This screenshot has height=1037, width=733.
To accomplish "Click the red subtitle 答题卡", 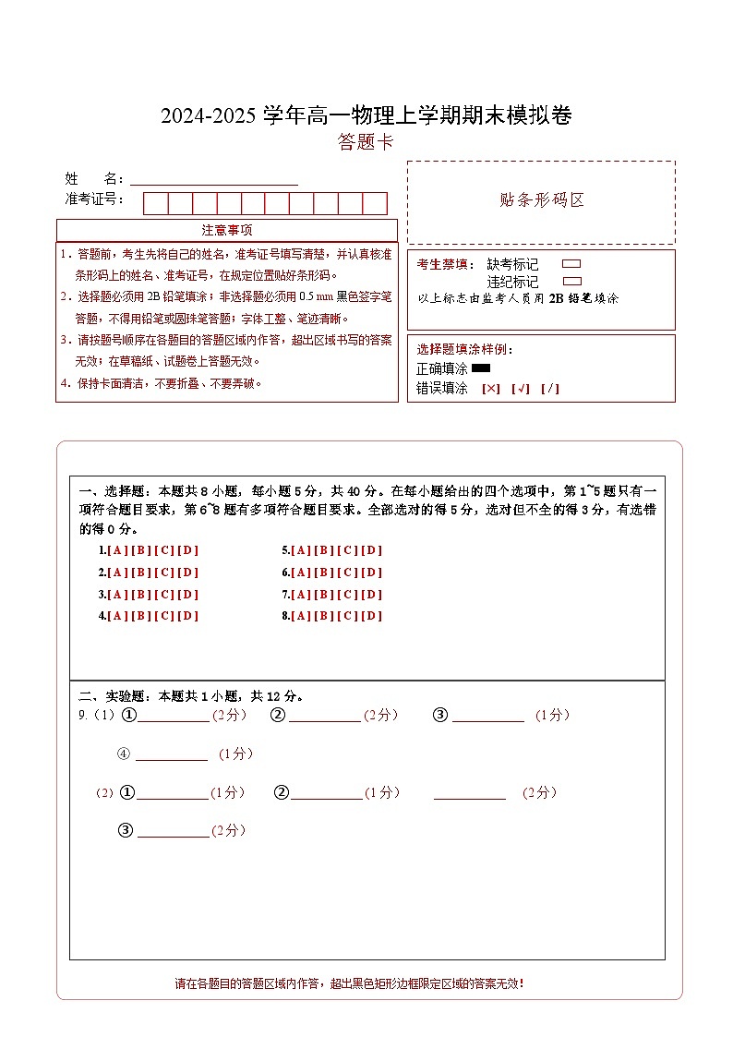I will pyautogui.click(x=366, y=142).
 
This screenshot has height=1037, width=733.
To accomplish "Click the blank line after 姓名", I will pyautogui.click(x=214, y=179).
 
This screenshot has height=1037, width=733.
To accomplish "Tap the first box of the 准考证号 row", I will pyautogui.click(x=155, y=203).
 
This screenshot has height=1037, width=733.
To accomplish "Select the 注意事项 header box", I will pyautogui.click(x=227, y=230).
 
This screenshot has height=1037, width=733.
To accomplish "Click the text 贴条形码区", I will pyautogui.click(x=541, y=200).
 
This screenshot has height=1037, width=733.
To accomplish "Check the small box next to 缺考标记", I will pyautogui.click(x=571, y=264).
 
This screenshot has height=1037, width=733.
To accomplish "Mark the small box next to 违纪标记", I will pyautogui.click(x=571, y=281).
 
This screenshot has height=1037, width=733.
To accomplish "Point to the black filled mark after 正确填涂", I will pyautogui.click(x=480, y=368).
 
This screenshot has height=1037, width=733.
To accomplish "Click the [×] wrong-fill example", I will pyautogui.click(x=491, y=389).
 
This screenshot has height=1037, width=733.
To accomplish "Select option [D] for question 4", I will pyautogui.click(x=188, y=616).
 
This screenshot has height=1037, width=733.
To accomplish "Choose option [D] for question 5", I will pyautogui.click(x=371, y=550).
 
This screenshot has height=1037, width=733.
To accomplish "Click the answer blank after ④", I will pyautogui.click(x=172, y=754).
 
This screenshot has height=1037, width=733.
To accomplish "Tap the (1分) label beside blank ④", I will pyautogui.click(x=235, y=754).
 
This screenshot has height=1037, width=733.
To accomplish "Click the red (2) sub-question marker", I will pyautogui.click(x=104, y=793).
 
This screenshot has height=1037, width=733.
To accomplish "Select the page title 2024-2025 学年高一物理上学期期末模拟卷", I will pyautogui.click(x=366, y=115).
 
